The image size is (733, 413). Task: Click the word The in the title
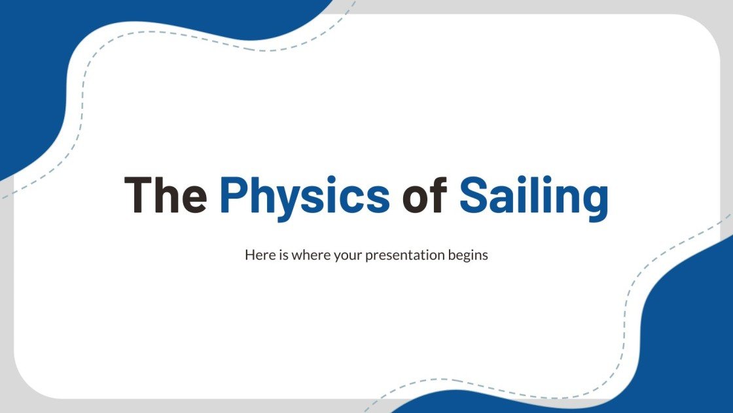pyautogui.click(x=165, y=195)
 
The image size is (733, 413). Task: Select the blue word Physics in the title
pyautogui.click(x=304, y=195)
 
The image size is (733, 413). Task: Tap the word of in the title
pyautogui.click(x=425, y=195)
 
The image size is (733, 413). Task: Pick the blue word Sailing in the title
pyautogui.click(x=533, y=195)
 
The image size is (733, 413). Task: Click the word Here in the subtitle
pyautogui.click(x=257, y=255)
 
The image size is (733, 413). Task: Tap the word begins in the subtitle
pyautogui.click(x=469, y=255)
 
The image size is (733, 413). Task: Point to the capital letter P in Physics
pyautogui.click(x=235, y=195)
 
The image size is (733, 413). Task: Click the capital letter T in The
pyautogui.click(x=139, y=195)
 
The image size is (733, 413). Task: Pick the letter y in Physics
pyautogui.click(x=294, y=200)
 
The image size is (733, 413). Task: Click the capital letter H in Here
pyautogui.click(x=249, y=254)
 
